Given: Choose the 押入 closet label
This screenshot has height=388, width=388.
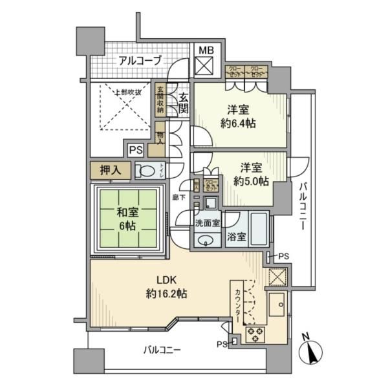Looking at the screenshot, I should pyautogui.click(x=111, y=171).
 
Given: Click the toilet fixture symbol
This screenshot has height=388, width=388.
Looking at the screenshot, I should pyautogui.click(x=147, y=171).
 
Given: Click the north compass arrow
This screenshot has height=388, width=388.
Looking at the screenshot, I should pyautogui.click(x=312, y=352).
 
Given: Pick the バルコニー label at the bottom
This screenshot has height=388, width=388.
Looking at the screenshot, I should pyautogui.click(x=162, y=350).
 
